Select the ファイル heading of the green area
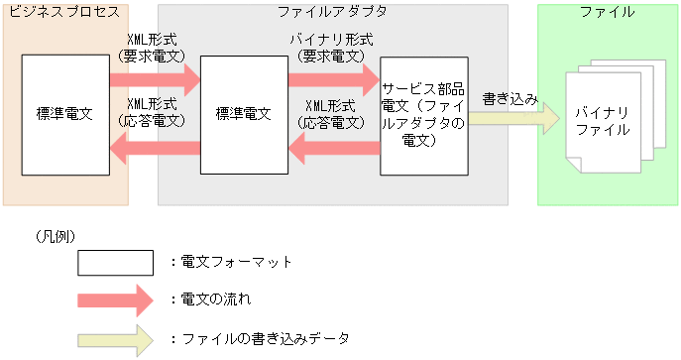point(607,12)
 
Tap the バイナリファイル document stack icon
point(603,117)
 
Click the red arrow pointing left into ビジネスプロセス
point(154,149)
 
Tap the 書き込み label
point(510,99)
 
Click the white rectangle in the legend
point(115,263)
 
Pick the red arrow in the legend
point(115,299)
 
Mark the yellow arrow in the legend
point(115,338)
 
